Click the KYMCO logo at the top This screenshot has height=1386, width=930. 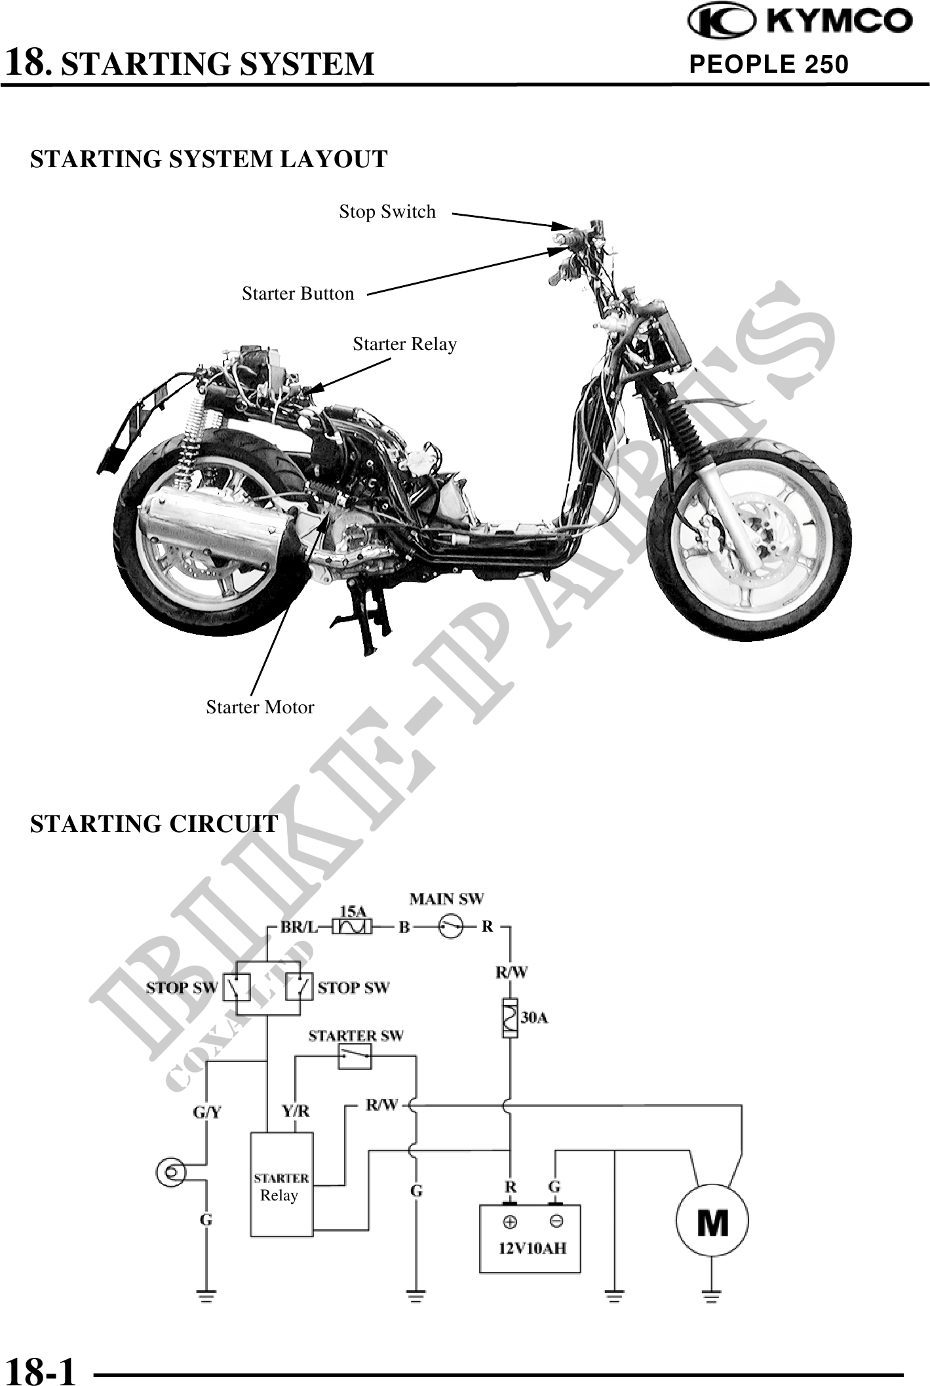[799, 22]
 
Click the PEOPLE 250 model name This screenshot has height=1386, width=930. [769, 64]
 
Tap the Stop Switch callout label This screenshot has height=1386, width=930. [387, 212]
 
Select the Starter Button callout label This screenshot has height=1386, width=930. [298, 294]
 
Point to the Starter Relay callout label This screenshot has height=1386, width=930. [404, 344]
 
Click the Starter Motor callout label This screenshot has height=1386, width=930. [260, 707]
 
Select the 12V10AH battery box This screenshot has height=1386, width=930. [530, 1238]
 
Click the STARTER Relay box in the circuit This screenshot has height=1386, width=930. [282, 1185]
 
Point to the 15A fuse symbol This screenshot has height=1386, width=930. [353, 926]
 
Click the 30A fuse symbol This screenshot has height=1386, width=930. [510, 1018]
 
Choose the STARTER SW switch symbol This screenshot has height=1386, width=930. [355, 1056]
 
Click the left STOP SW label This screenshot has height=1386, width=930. [182, 987]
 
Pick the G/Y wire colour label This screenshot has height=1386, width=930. [206, 1112]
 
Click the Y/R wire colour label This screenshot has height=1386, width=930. [296, 1111]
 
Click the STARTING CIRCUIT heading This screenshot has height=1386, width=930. [154, 824]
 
